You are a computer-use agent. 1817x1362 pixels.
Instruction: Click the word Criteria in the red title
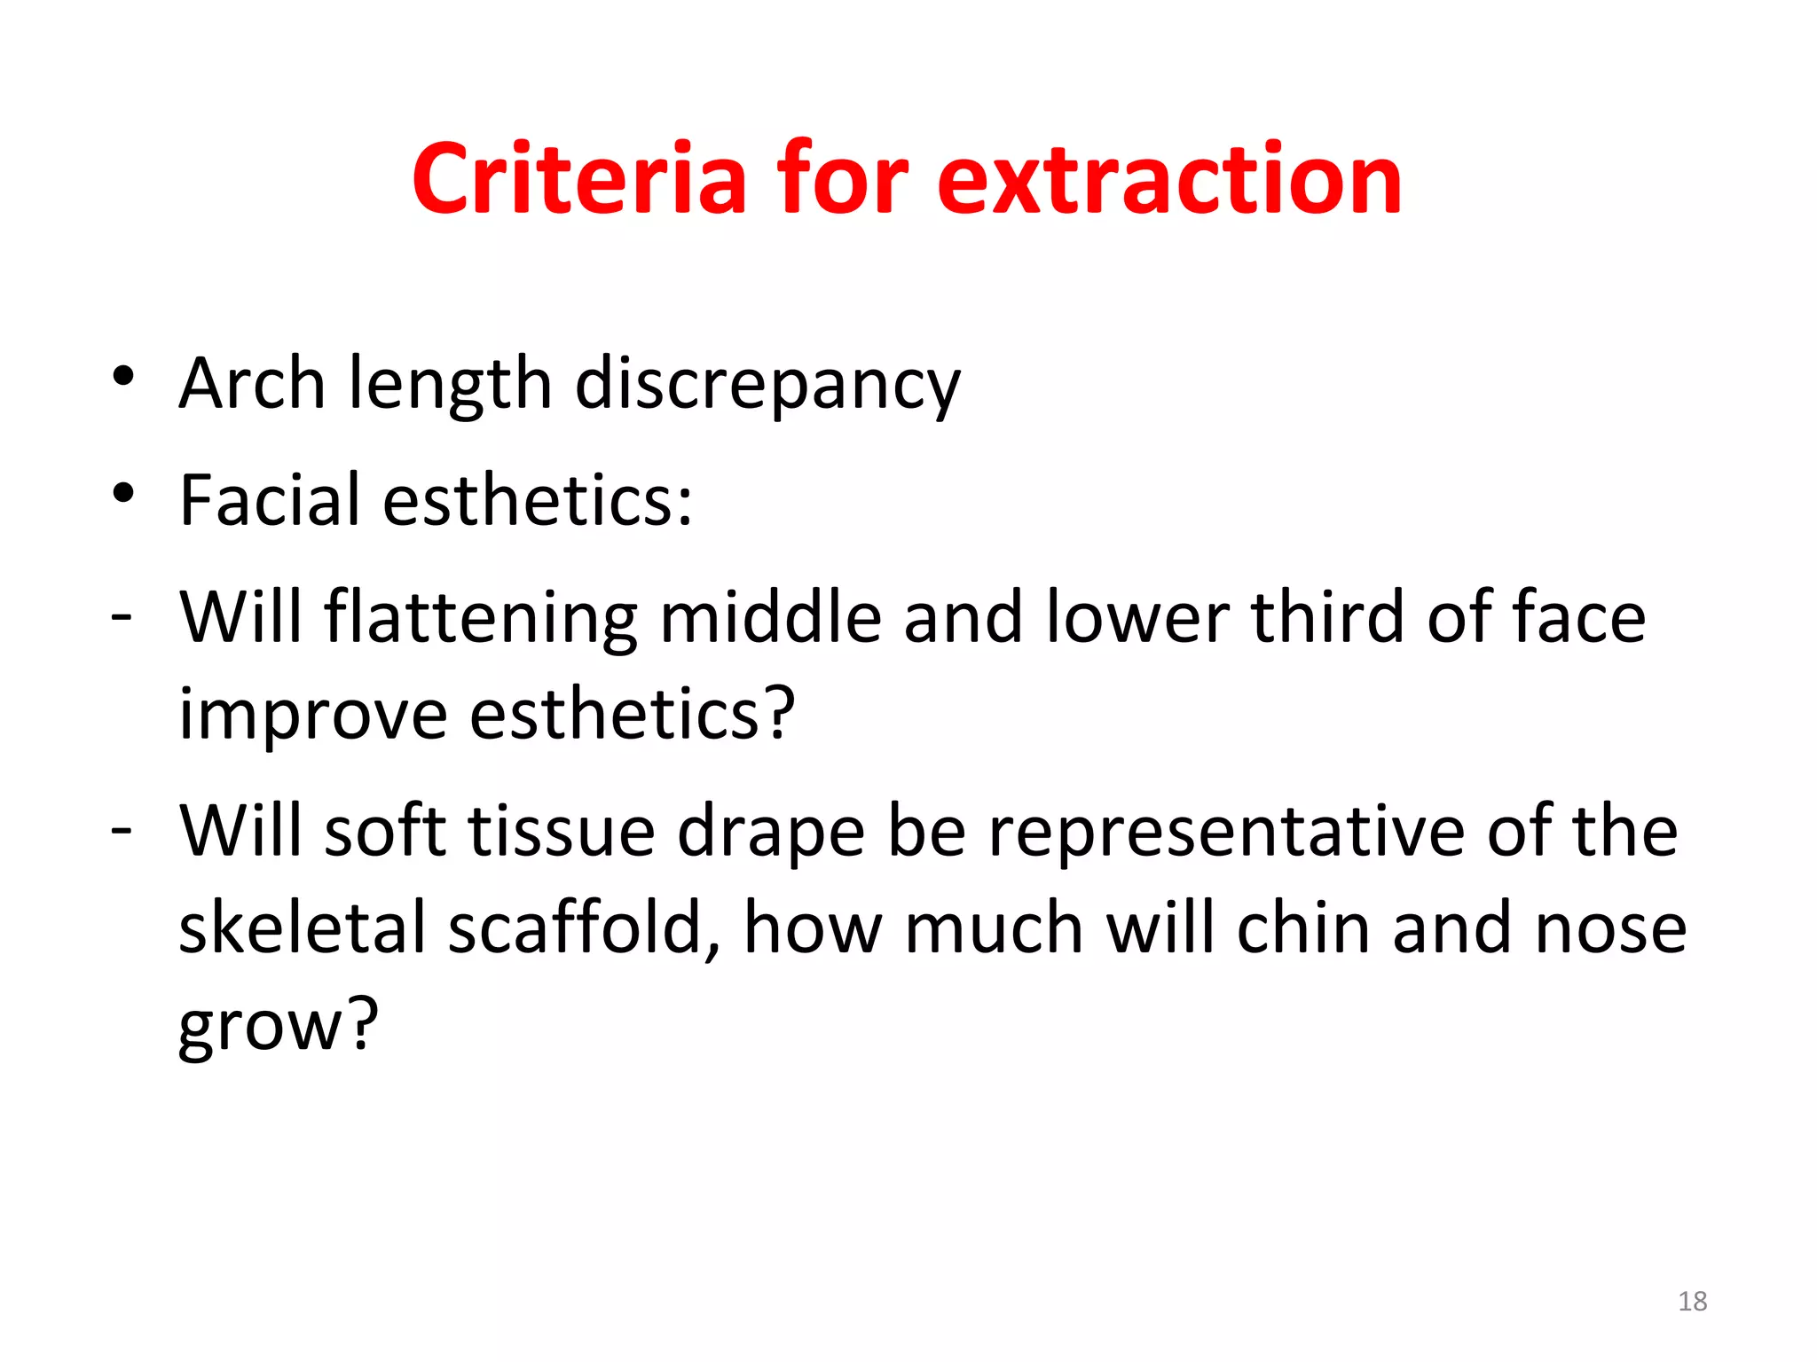tap(579, 179)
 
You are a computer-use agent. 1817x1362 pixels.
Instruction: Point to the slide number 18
tap(1692, 1301)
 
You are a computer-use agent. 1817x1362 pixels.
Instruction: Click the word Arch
tap(252, 383)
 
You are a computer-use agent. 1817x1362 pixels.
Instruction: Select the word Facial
tap(270, 500)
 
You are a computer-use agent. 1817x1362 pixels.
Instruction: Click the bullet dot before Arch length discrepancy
tap(123, 377)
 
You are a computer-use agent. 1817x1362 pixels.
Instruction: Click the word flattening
tap(480, 618)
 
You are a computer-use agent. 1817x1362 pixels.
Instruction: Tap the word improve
tap(313, 715)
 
